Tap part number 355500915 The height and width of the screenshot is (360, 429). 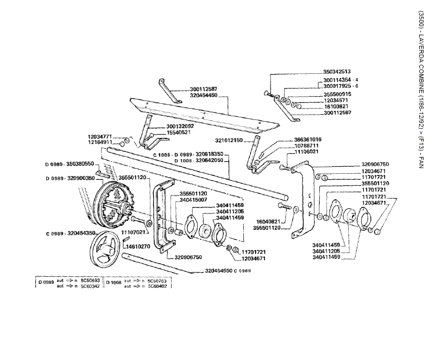click(337, 94)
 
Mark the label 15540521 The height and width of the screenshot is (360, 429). click(179, 132)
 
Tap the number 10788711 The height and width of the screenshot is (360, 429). click(307, 146)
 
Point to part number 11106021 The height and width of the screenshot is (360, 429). click(307, 151)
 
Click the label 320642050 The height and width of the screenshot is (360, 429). click(209, 161)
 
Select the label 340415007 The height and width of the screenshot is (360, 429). click(193, 199)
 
